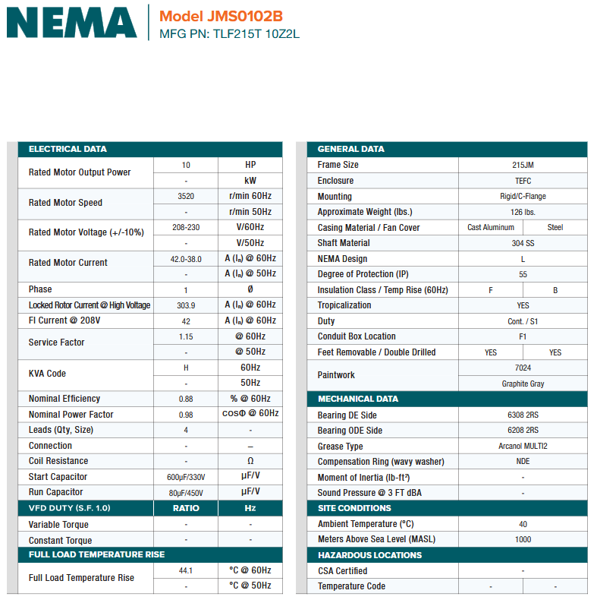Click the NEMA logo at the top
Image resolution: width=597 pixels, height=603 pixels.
coord(72,23)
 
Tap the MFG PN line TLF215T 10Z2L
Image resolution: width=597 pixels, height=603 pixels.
coord(229,34)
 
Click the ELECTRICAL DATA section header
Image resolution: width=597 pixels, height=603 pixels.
coord(68,149)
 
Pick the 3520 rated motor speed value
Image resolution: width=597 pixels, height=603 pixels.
coord(186,196)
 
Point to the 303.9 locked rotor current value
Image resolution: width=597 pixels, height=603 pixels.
coord(186,305)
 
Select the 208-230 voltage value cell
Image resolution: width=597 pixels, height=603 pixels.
coord(186,227)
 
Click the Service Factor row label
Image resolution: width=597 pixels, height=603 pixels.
coord(57,343)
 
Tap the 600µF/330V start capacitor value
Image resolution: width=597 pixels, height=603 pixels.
coord(186,477)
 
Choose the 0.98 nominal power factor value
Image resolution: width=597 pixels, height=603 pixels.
coord(186,415)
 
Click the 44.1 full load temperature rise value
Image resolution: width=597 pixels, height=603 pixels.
coord(186,570)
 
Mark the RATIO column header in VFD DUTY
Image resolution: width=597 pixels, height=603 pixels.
coord(186,508)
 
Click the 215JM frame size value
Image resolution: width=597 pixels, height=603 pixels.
coord(523,165)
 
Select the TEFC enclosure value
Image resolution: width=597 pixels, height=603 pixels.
coord(523,181)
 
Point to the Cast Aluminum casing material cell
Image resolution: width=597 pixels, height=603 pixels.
coord(491,227)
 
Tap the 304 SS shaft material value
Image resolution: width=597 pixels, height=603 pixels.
coord(523,243)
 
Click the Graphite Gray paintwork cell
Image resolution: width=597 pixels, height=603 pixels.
coord(523,384)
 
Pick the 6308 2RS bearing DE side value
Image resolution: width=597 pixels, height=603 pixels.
coord(523,415)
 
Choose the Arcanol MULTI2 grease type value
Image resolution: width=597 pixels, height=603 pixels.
coord(523,447)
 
